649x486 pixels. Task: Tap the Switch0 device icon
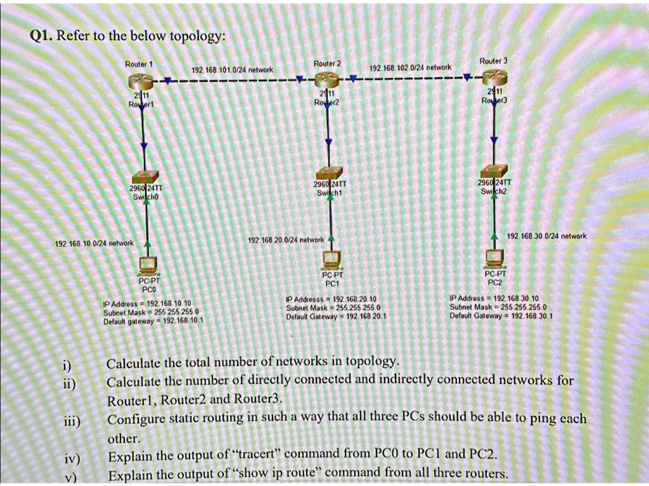point(147,180)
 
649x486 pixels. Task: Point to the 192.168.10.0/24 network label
point(94,243)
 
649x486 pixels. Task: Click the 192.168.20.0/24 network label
point(286,240)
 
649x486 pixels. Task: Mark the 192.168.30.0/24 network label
point(547,236)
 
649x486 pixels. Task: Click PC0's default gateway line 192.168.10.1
point(153,321)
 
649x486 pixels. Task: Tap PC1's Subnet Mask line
point(333,307)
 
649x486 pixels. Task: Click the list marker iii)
point(70,421)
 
